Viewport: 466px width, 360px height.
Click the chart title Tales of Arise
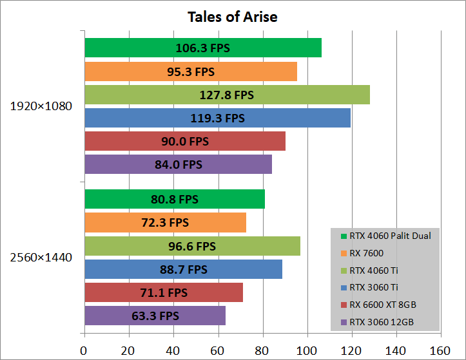233,17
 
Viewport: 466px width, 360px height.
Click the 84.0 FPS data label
179,165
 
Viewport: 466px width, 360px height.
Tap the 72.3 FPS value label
165,223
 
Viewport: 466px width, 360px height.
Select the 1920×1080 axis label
41,106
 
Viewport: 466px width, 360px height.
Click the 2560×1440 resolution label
41,258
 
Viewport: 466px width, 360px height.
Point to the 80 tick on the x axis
262,350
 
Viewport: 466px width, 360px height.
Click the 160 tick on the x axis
440,350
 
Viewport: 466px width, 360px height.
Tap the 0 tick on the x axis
84,350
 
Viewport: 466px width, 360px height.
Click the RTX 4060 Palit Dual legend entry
389,236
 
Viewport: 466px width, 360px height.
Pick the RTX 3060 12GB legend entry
381,322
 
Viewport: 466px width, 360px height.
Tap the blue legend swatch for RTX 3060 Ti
345,288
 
